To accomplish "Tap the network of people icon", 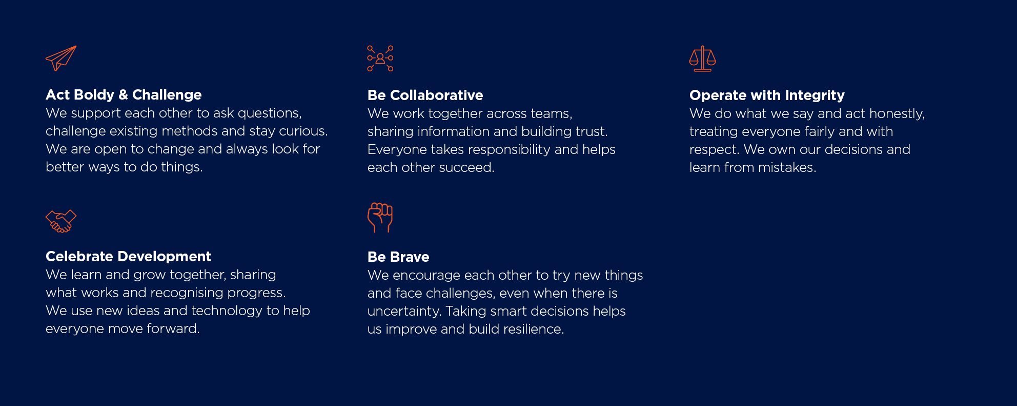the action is [380, 58].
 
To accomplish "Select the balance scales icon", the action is [702, 59].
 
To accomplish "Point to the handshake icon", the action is [61, 221].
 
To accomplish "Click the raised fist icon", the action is [380, 218].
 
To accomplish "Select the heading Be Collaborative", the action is [425, 95].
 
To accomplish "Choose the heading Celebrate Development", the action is [128, 257].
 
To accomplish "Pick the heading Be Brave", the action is [398, 257].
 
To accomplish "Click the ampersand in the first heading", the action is [123, 95].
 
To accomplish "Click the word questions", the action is [270, 113].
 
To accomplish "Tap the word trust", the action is [592, 131].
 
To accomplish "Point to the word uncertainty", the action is [404, 312].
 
